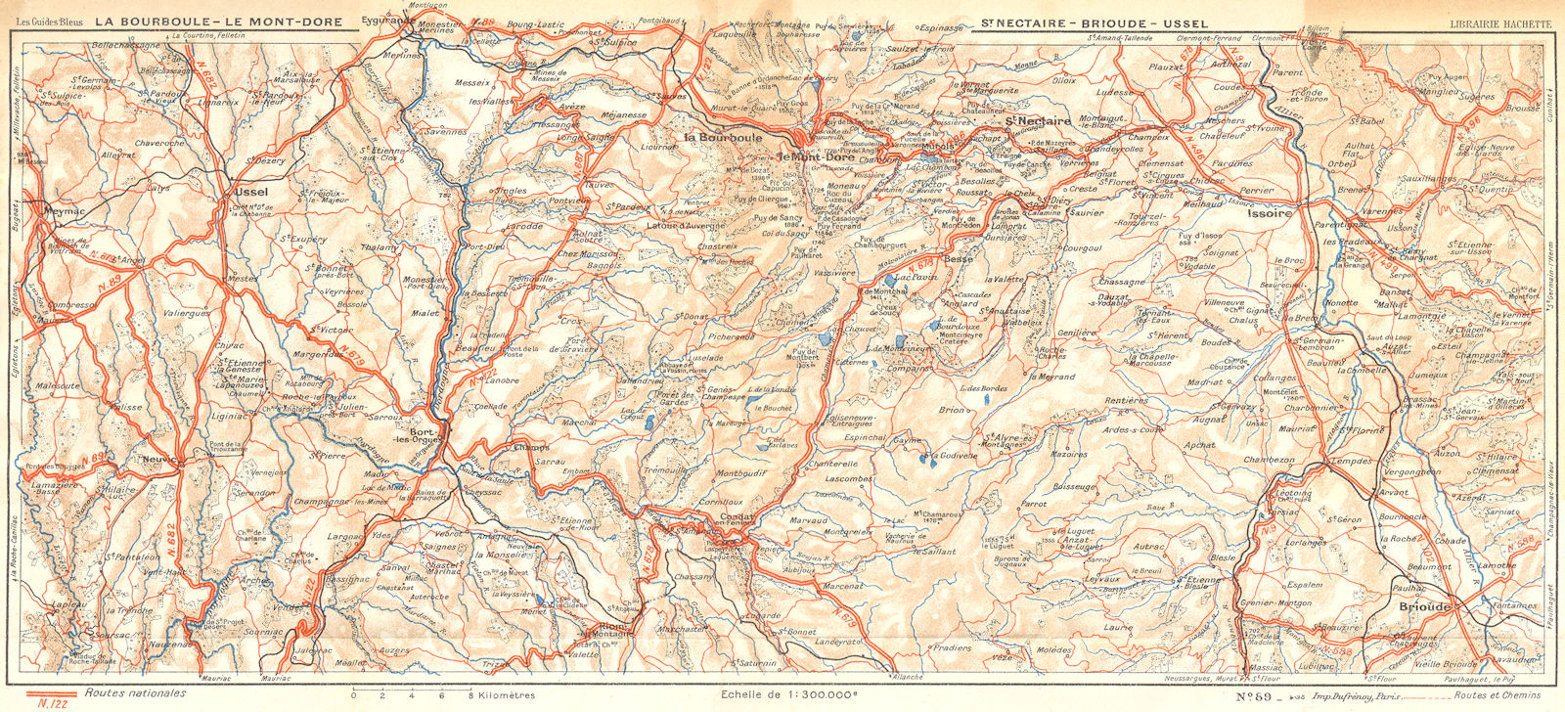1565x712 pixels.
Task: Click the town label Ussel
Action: (x=251, y=193)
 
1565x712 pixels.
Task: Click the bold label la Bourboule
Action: (x=723, y=138)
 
